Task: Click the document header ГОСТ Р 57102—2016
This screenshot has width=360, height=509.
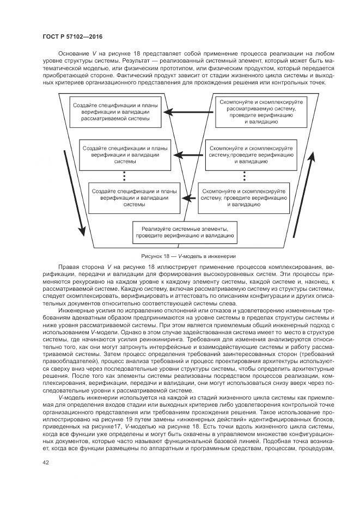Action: click(72, 36)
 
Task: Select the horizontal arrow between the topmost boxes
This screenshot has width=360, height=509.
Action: click(186, 113)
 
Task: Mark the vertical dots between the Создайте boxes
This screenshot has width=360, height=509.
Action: click(124, 176)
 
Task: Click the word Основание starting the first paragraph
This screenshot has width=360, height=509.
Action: click(73, 54)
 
